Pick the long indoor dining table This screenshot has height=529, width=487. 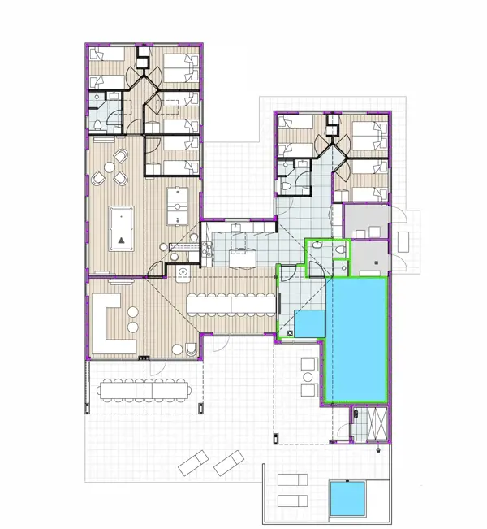tap(231, 304)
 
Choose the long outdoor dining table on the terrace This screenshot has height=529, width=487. tap(146, 391)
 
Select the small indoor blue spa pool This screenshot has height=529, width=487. tap(309, 323)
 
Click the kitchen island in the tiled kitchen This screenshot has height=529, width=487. tap(241, 258)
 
